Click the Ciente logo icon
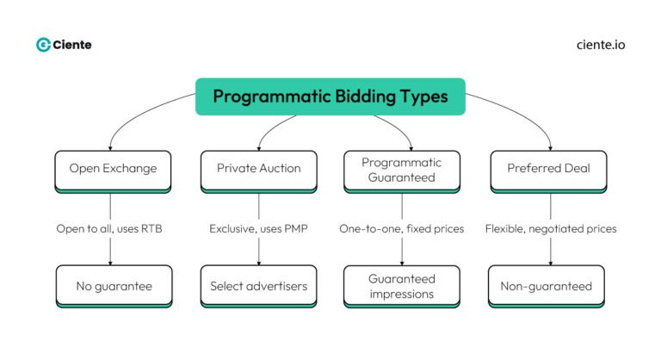point(43,45)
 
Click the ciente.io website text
point(601,45)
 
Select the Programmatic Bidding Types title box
point(330,96)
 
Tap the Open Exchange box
point(113,169)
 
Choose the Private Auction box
point(259,169)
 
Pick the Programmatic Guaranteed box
point(402,169)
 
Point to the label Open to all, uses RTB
point(110,229)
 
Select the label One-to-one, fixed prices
point(402,229)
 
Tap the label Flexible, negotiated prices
point(551,229)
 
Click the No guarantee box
point(113,285)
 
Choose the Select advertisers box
point(259,285)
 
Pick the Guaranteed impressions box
point(402,285)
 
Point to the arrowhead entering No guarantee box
point(111,262)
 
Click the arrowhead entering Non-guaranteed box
point(551,262)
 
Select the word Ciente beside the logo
point(73,45)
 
